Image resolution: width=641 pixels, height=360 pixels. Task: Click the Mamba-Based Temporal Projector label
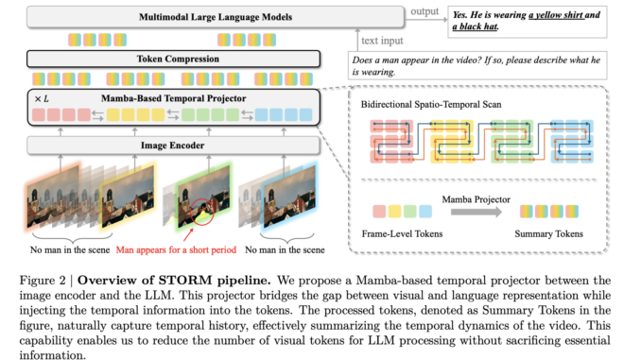(178, 97)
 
